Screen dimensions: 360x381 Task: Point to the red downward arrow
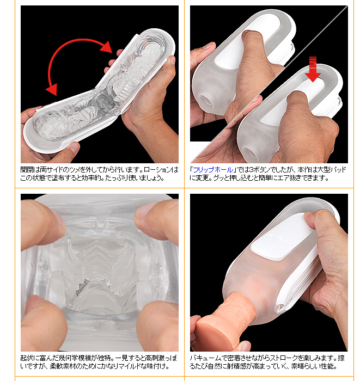[x=313, y=69]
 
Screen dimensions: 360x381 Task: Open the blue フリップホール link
[x=213, y=170]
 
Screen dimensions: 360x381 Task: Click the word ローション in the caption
[x=157, y=170]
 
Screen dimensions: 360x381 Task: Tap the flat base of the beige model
[x=211, y=333]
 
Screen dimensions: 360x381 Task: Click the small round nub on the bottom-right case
[x=280, y=307]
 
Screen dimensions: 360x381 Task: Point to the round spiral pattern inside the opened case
[x=153, y=50]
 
